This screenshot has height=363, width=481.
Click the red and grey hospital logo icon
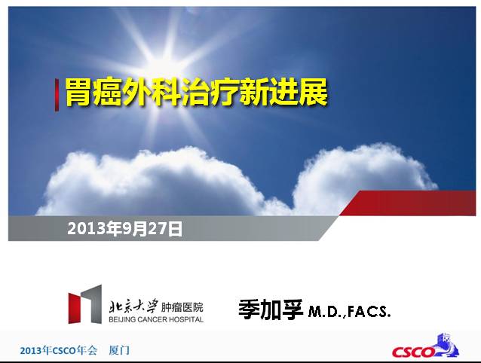(x=84, y=304)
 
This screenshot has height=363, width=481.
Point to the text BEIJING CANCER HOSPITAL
(x=155, y=319)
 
